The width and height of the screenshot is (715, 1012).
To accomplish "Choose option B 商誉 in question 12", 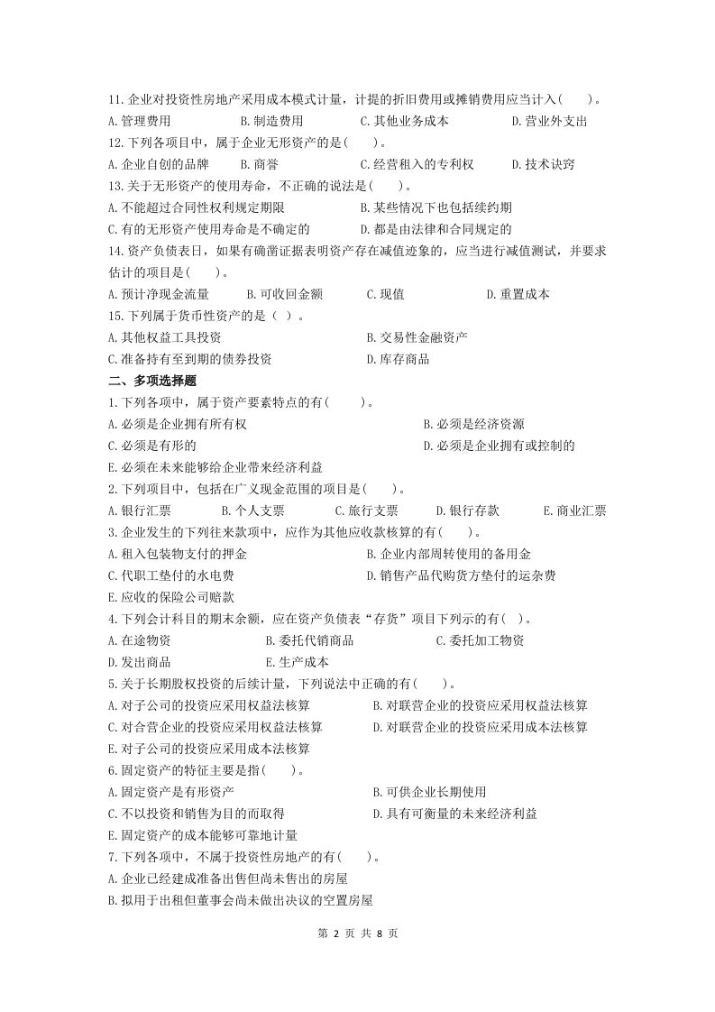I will [259, 164].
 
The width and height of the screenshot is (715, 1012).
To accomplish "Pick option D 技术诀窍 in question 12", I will [543, 164].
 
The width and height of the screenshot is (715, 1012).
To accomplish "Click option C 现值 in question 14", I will [385, 294].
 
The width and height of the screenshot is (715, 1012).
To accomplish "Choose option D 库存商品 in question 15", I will [398, 359].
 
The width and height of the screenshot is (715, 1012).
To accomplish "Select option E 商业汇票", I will [574, 511].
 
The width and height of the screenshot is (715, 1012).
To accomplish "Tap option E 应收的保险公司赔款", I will [170, 597].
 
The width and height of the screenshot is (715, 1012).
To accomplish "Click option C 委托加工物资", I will [480, 640].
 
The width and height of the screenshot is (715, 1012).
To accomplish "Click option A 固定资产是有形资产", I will [170, 792].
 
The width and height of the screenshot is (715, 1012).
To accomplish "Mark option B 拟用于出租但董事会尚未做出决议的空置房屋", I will [240, 900].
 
